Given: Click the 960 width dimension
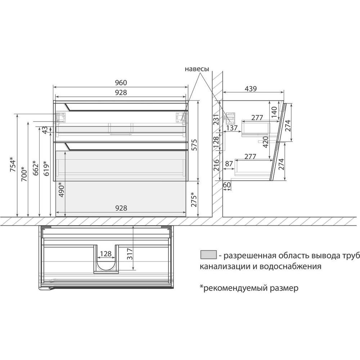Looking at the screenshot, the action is [121, 83].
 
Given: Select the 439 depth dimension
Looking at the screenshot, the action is [251, 89].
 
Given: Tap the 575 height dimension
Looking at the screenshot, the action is [194, 145].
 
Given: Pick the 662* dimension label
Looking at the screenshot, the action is [36, 168].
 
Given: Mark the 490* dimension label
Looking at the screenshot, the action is [61, 190].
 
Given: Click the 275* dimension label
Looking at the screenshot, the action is [194, 199].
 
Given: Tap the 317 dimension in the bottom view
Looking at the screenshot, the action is [130, 254].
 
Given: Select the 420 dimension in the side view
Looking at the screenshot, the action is [265, 142].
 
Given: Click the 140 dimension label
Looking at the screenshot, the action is [274, 112].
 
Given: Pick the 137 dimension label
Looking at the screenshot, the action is [232, 128].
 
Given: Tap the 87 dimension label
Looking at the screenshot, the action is [229, 164].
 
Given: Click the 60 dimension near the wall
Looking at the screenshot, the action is [227, 185].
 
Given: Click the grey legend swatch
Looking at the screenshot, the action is [208, 255].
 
